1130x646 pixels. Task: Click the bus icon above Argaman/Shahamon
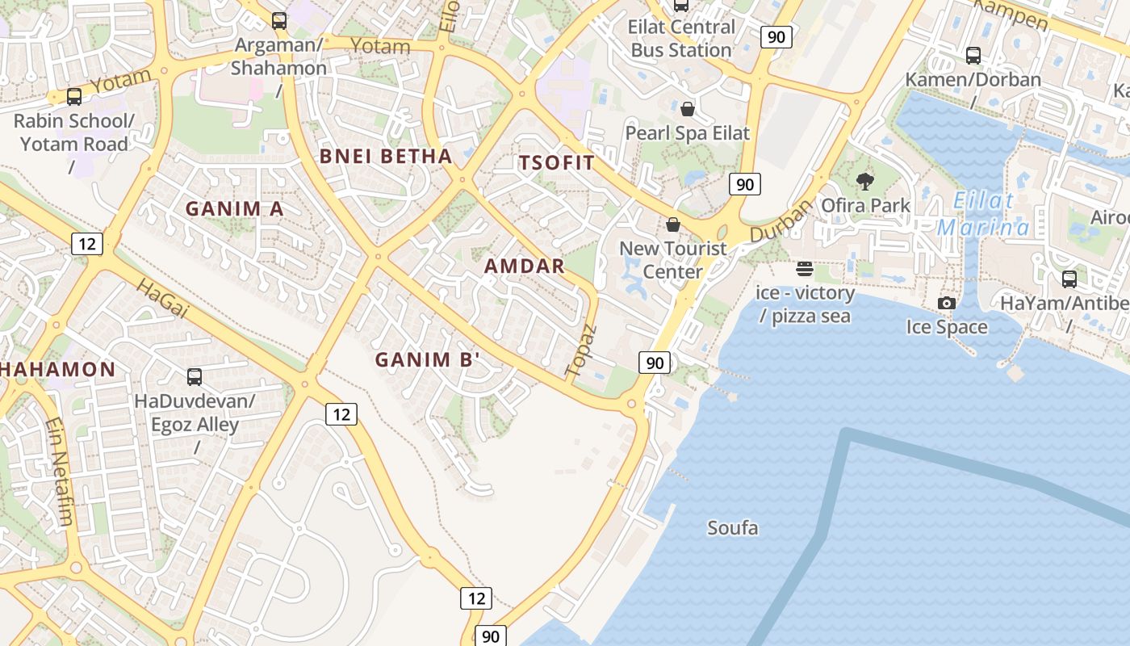pyautogui.click(x=279, y=21)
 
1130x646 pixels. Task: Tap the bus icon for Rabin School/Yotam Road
pyautogui.click(x=74, y=97)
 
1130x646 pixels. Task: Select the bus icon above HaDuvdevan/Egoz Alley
pyautogui.click(x=195, y=376)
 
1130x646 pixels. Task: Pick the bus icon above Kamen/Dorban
pyautogui.click(x=973, y=56)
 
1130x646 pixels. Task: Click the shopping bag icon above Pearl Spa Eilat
pyautogui.click(x=688, y=108)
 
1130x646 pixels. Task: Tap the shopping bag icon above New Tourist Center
pyautogui.click(x=673, y=224)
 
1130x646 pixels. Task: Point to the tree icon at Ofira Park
pyautogui.click(x=865, y=181)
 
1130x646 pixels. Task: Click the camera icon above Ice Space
pyautogui.click(x=947, y=303)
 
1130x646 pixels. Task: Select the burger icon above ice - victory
pyautogui.click(x=804, y=268)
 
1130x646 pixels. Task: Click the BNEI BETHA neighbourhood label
pyautogui.click(x=386, y=157)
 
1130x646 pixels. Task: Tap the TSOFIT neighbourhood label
pyautogui.click(x=556, y=163)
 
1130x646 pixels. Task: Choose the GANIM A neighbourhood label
pyautogui.click(x=234, y=209)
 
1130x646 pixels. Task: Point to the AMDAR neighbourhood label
pyautogui.click(x=524, y=266)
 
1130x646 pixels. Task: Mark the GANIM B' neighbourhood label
pyautogui.click(x=428, y=360)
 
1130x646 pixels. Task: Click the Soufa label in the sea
pyautogui.click(x=733, y=528)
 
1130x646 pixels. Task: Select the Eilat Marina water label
pyautogui.click(x=983, y=215)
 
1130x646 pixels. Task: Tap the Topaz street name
pyautogui.click(x=580, y=351)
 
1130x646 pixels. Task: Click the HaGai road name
pyautogui.click(x=162, y=297)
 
